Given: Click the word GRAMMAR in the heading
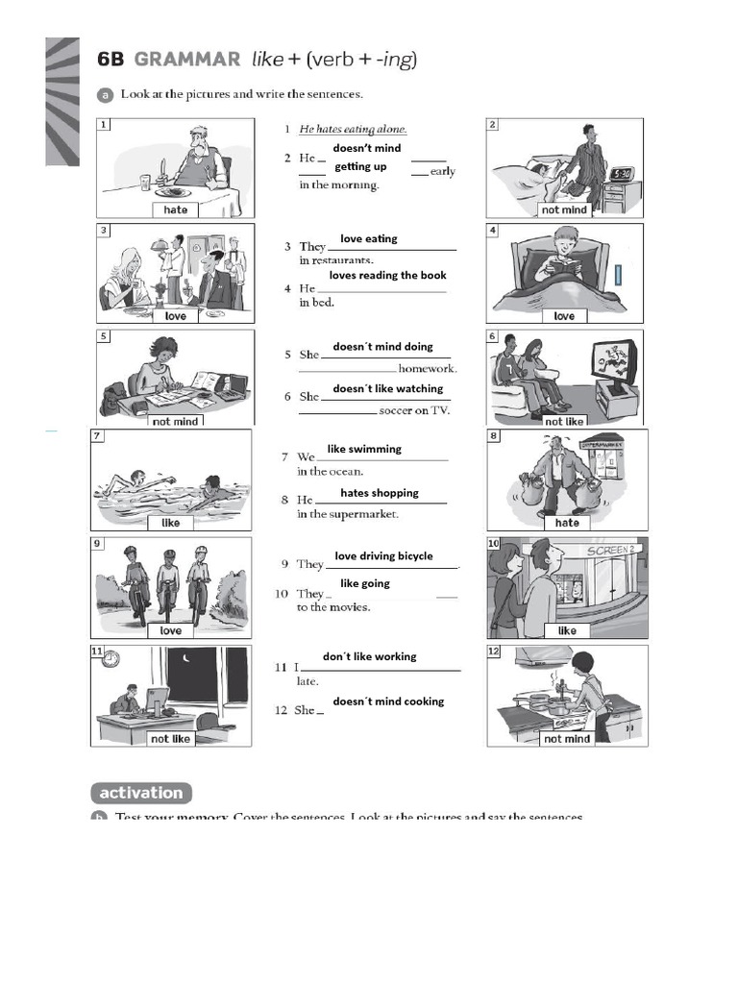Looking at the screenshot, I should pyautogui.click(x=187, y=60).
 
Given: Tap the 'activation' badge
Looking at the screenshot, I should pyautogui.click(x=141, y=793).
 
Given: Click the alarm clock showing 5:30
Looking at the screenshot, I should pyautogui.click(x=622, y=174).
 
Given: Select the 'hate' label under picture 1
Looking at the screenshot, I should pyautogui.click(x=176, y=209).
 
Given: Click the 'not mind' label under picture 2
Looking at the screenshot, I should pyautogui.click(x=564, y=209).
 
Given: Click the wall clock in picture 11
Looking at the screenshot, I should pyautogui.click(x=111, y=659).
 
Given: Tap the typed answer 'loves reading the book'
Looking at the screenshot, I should pyautogui.click(x=387, y=276).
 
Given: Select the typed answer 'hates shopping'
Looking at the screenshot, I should pyautogui.click(x=380, y=493).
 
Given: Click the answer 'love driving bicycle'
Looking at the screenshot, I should pyautogui.click(x=383, y=556).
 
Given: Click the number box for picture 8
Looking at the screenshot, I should pyautogui.click(x=495, y=436).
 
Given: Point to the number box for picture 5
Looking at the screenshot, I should pyautogui.click(x=104, y=336).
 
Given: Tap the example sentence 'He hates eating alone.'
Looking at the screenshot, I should pyautogui.click(x=353, y=129).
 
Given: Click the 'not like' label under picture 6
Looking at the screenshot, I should pyautogui.click(x=564, y=421).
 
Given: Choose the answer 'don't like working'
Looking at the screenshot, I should pyautogui.click(x=369, y=657).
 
